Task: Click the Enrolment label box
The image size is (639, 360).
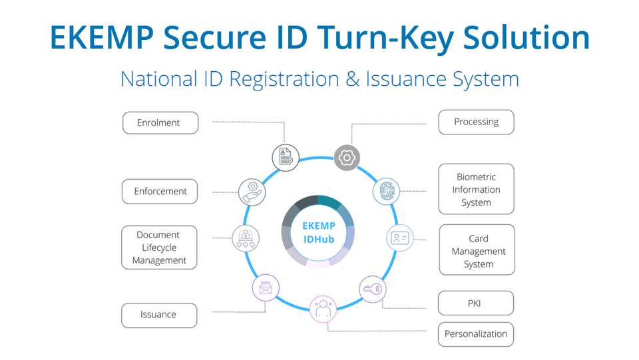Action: coord(160,122)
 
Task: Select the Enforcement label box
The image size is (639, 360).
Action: coord(160,192)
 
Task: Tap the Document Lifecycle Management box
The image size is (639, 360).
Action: coord(159,248)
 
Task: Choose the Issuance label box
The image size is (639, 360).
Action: coord(159,315)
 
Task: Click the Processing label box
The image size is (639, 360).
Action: coord(476,122)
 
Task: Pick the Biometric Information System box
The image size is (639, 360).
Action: coord(476,189)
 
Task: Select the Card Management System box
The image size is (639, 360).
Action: coord(477,250)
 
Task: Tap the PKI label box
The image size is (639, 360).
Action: coord(475,303)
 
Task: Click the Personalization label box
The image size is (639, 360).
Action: coord(475,334)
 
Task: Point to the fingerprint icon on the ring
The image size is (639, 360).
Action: coord(386,191)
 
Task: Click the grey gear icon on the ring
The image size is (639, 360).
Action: coord(347,158)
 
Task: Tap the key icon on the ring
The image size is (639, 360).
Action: coord(373,289)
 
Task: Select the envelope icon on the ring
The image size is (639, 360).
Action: coord(266,288)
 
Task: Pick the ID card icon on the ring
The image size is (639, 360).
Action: coord(400,238)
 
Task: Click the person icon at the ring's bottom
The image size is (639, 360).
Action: coord(323,309)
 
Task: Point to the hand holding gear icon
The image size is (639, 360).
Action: coord(252,192)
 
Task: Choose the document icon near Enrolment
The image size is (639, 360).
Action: coord(286,158)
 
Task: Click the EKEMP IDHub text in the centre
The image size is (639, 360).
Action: coord(319,232)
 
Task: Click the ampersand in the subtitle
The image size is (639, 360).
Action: coord(353,79)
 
